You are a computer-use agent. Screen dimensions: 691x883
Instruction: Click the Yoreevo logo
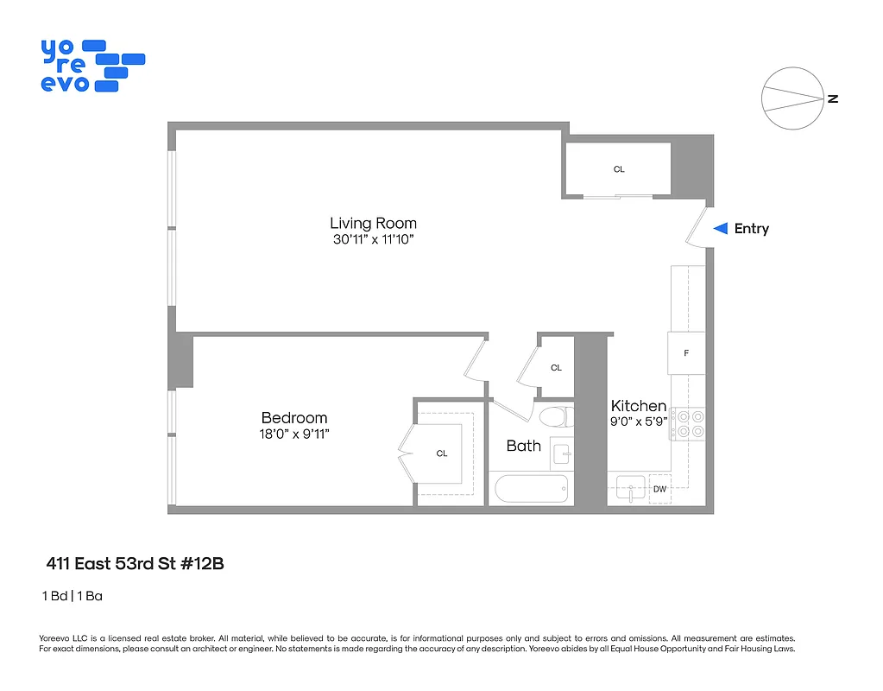[91, 66]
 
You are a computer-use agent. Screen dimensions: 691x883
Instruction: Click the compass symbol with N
[792, 98]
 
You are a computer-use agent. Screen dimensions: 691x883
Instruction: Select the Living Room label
[373, 223]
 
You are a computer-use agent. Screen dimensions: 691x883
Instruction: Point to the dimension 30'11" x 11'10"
[373, 239]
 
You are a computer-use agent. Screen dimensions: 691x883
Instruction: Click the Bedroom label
[294, 418]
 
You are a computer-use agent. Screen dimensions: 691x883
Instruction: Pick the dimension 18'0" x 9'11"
[294, 434]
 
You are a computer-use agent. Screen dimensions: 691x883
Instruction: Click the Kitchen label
[639, 406]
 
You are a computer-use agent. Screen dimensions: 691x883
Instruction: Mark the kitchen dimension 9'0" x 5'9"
[639, 422]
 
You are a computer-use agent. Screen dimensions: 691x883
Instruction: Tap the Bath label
[523, 446]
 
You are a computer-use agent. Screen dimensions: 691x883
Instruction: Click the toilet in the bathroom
[554, 418]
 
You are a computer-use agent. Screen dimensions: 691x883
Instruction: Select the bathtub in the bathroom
[532, 490]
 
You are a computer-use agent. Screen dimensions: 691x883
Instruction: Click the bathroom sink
[563, 453]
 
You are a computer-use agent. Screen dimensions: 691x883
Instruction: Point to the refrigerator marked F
[687, 353]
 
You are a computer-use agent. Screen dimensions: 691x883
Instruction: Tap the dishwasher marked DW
[659, 490]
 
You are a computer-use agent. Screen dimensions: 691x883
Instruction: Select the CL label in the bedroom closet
[442, 453]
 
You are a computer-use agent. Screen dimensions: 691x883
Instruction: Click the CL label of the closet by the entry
[619, 169]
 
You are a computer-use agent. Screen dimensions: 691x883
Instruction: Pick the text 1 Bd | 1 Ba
[73, 596]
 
